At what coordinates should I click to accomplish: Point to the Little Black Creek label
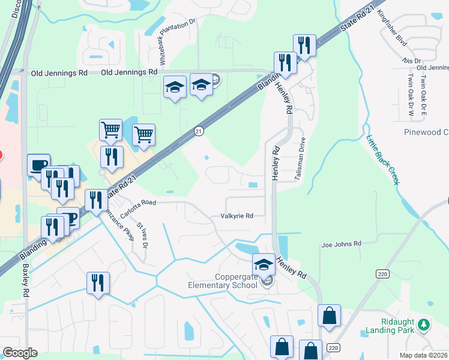point(382,160)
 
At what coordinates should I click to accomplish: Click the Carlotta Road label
point(137,203)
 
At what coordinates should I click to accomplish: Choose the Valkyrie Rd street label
point(237,216)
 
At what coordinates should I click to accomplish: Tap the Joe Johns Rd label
point(341,244)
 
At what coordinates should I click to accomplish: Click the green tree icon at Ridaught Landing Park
point(424,325)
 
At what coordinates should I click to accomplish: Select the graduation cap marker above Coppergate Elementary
point(263,264)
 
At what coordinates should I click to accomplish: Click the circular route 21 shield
point(198,130)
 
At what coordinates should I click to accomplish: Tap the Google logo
point(20,353)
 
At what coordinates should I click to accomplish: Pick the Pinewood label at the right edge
point(426,132)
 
